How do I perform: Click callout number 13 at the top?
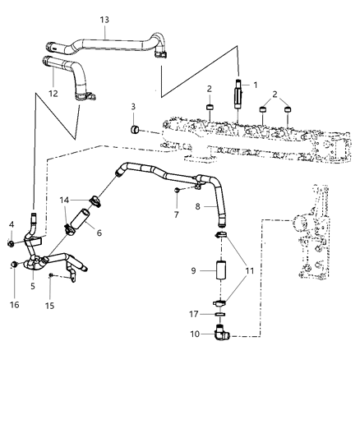pos(104,20)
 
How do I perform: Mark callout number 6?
pos(99,233)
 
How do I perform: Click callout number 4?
pos(12,224)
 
